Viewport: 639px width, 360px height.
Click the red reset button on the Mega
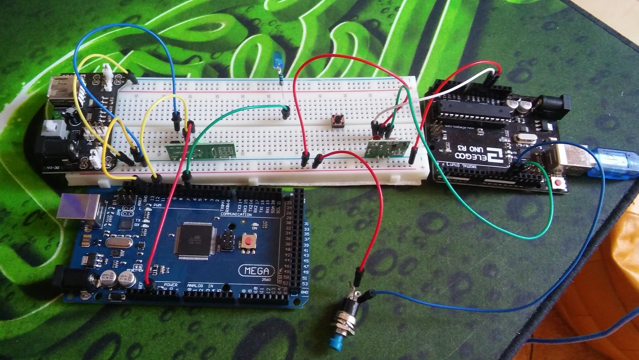248,241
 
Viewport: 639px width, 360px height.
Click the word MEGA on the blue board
257,271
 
